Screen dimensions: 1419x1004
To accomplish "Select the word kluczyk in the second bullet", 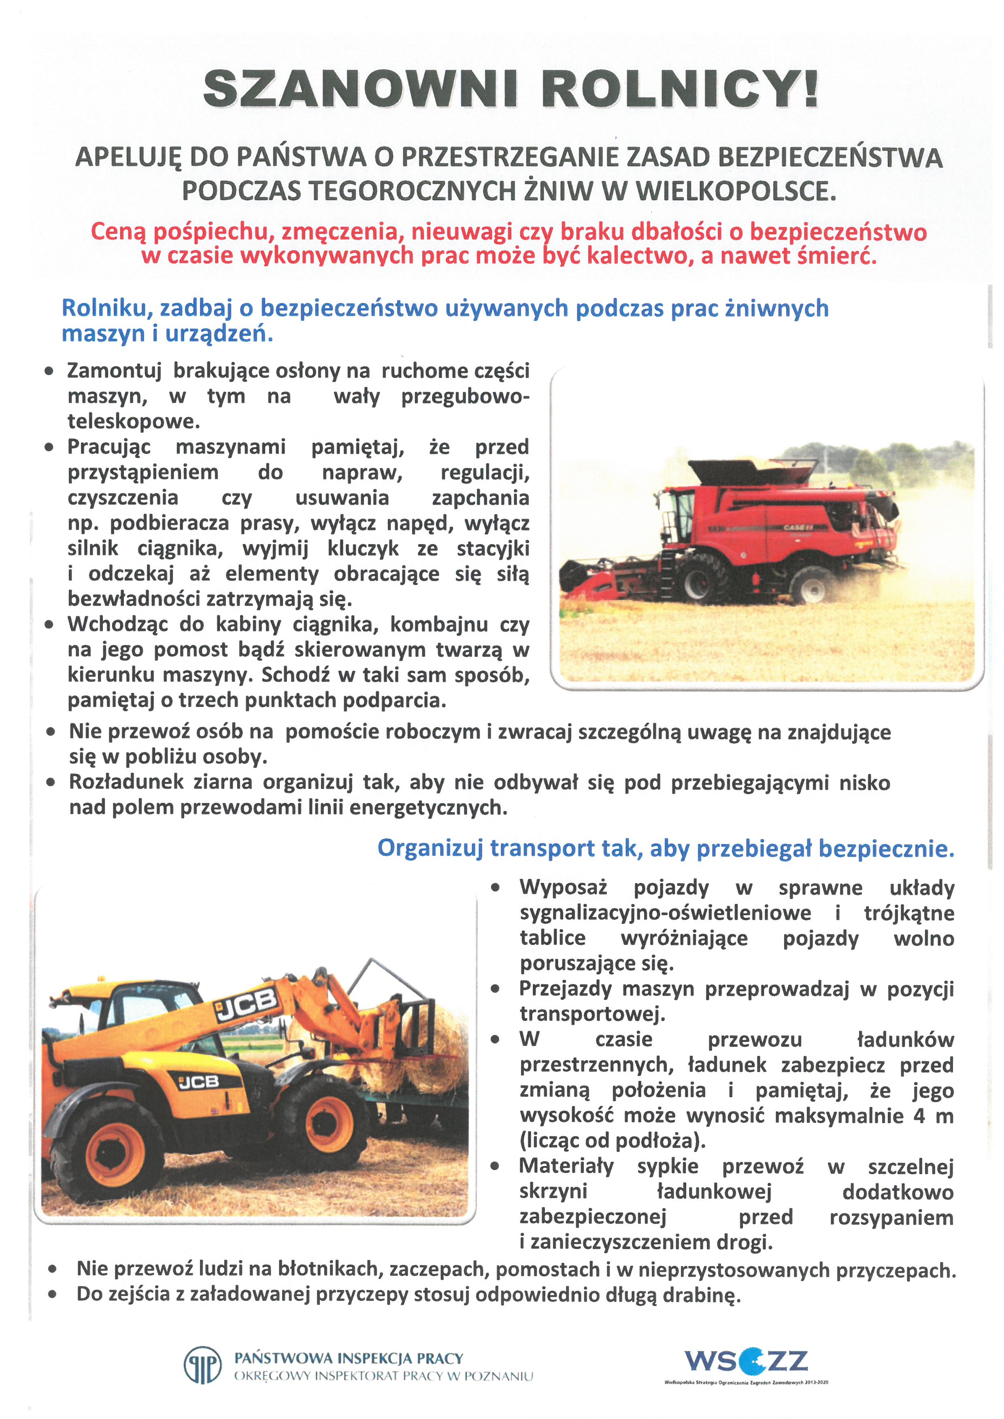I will point(363,548).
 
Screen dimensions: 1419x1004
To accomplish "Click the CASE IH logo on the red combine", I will point(798,528).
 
